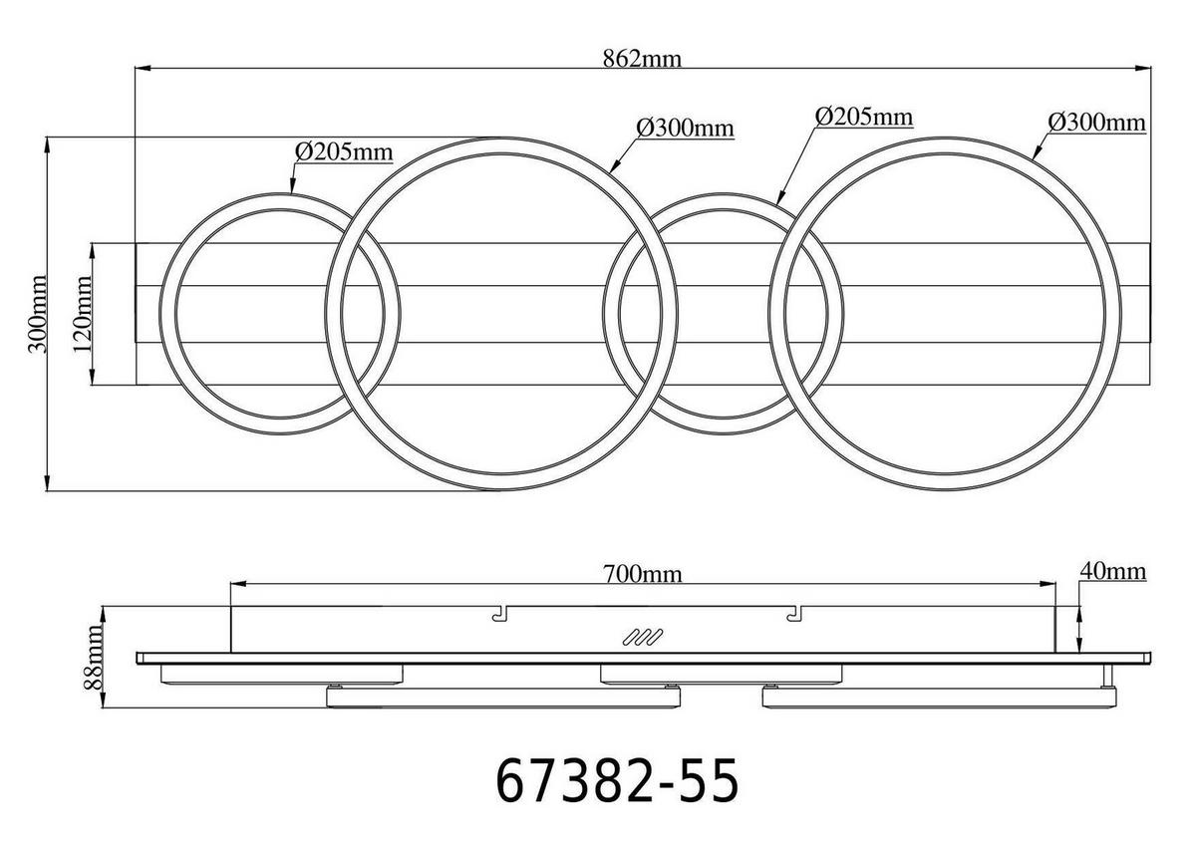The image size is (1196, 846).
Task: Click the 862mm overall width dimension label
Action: [x=642, y=58]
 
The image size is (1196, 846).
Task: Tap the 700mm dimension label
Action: [x=642, y=575]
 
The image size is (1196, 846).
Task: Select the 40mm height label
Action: [x=1112, y=571]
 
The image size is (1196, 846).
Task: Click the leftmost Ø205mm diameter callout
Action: [x=343, y=151]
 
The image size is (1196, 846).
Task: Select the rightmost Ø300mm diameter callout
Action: [x=1095, y=123]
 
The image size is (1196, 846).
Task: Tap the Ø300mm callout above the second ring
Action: [x=685, y=128]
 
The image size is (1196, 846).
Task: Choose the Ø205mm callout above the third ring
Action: [x=863, y=117]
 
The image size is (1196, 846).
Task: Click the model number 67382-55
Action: [x=617, y=780]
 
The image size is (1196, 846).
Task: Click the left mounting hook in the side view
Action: [x=499, y=616]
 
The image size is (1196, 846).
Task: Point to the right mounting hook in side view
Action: [x=793, y=616]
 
